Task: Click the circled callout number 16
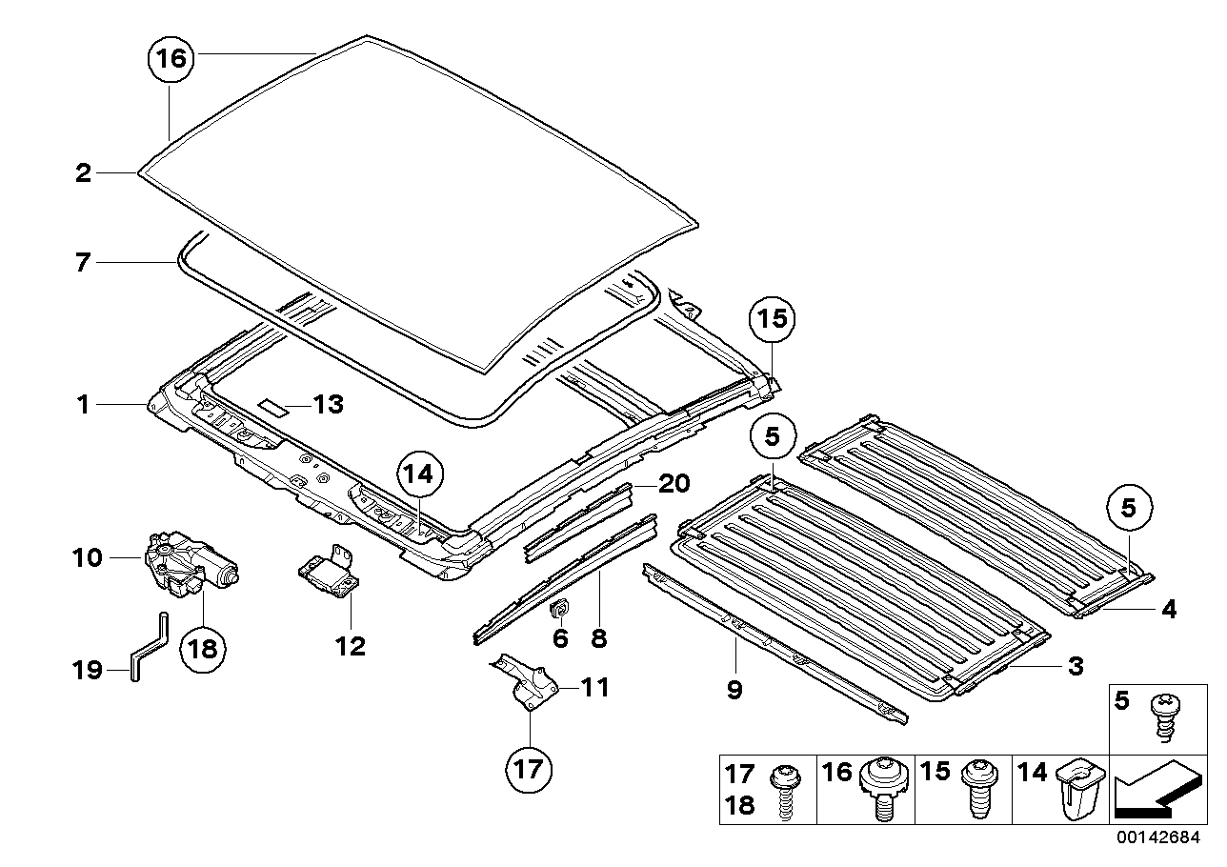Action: tap(170, 59)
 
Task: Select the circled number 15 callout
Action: tap(773, 318)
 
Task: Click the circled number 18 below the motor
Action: tap(203, 649)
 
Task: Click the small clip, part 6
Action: tap(561, 609)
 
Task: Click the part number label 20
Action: tap(674, 484)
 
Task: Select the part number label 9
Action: tap(734, 689)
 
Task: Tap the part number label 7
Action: tap(84, 261)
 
